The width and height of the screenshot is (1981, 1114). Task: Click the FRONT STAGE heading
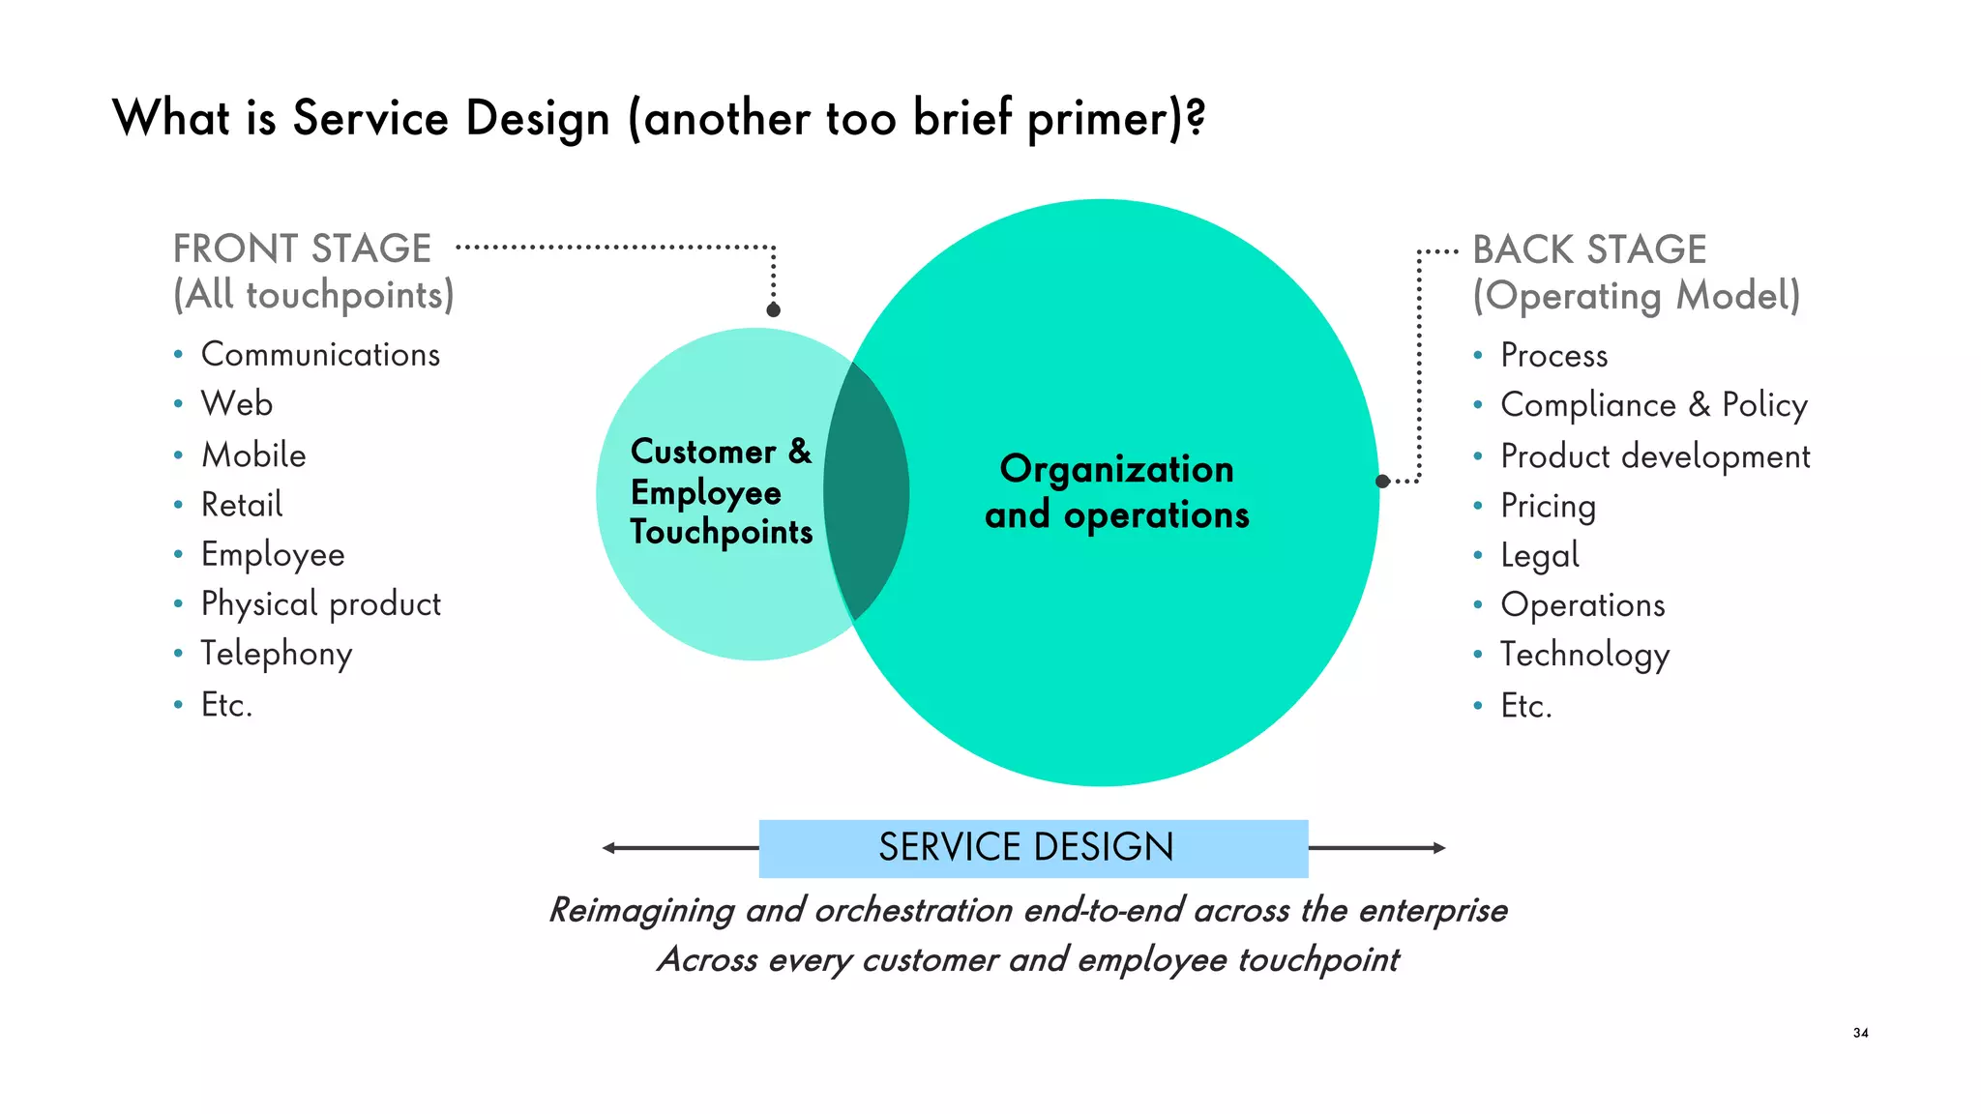click(x=302, y=249)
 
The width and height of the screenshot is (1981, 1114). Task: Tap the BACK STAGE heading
click(x=1589, y=250)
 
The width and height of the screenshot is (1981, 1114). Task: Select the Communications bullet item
click(x=320, y=355)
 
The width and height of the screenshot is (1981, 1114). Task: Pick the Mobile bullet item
click(x=253, y=455)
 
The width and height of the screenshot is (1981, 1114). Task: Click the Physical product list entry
click(x=320, y=604)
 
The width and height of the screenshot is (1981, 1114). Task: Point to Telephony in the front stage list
click(x=277, y=655)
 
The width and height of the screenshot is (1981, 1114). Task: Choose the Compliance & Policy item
click(x=1653, y=405)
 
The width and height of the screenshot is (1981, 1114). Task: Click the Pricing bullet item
click(x=1548, y=506)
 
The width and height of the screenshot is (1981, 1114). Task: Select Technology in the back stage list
click(x=1584, y=656)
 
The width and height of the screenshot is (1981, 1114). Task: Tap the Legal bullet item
click(x=1539, y=556)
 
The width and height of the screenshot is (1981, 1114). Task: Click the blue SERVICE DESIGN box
click(x=1033, y=848)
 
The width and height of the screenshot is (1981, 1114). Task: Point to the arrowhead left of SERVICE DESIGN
click(x=608, y=848)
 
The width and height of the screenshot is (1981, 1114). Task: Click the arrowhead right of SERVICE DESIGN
click(x=1439, y=848)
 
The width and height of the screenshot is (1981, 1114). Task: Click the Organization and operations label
click(x=1117, y=492)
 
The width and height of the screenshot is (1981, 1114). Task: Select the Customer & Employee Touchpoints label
click(x=721, y=492)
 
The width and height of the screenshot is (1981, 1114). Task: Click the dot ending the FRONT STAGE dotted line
click(x=773, y=310)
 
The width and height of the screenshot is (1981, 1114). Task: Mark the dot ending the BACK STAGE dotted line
click(x=1383, y=481)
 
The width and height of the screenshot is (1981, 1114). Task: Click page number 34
click(x=1860, y=1033)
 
